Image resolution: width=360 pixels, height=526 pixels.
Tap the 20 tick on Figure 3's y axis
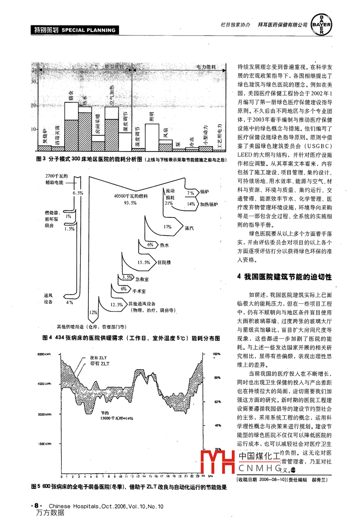(34, 106)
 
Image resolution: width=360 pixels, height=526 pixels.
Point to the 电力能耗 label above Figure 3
(206, 67)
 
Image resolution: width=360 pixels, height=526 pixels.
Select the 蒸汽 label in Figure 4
(189, 228)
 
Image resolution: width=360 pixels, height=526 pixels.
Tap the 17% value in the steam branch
(167, 227)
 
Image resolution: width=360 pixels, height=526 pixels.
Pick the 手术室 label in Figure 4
(138, 291)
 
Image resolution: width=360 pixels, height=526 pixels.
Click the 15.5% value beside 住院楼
(144, 263)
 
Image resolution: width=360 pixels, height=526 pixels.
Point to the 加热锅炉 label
(209, 204)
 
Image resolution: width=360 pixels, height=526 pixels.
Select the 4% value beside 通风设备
(70, 302)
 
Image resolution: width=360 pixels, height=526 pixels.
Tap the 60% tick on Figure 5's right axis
(217, 402)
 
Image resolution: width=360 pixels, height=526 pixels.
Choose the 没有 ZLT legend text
(99, 358)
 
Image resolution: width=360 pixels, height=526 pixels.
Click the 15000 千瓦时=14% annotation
(117, 418)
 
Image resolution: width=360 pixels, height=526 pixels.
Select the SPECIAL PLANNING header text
(88, 30)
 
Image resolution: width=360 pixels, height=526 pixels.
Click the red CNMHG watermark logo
(217, 462)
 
